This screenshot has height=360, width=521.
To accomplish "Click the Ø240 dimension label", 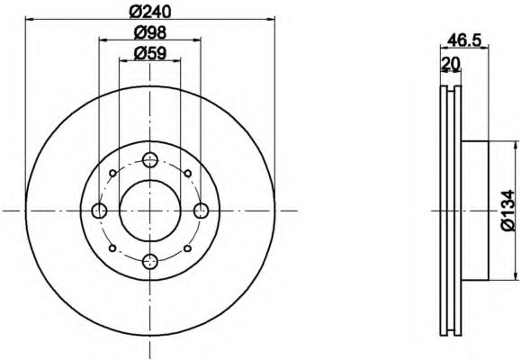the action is pyautogui.click(x=150, y=12).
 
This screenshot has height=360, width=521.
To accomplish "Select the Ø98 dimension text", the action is pyautogui.click(x=150, y=32).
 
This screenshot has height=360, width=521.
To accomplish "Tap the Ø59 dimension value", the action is pyautogui.click(x=150, y=53).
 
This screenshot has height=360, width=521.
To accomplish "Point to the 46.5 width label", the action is pyautogui.click(x=464, y=40).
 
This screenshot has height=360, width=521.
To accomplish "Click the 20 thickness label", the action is pyautogui.click(x=451, y=63).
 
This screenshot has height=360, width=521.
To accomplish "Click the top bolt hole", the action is pyautogui.click(x=150, y=160).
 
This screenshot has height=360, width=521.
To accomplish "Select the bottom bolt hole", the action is pyautogui.click(x=150, y=262).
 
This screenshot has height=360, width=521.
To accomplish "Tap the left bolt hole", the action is pyautogui.click(x=99, y=211).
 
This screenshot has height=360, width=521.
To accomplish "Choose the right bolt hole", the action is pyautogui.click(x=201, y=211).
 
